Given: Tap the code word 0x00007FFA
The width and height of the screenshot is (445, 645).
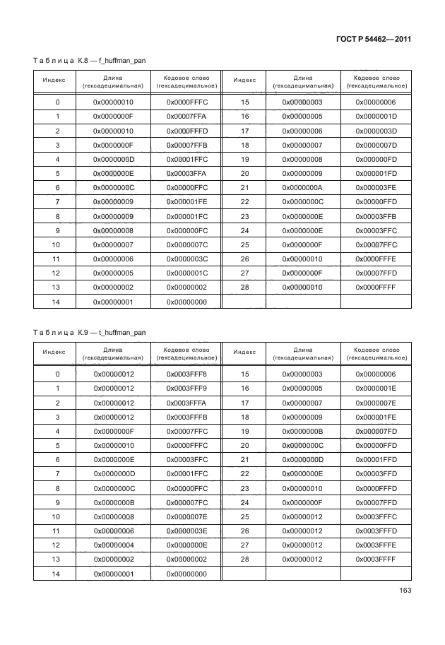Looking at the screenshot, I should pos(186,117).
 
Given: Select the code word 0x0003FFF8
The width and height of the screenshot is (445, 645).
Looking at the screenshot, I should pos(186,374).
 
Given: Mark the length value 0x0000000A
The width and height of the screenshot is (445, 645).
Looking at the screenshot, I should pos(302,187).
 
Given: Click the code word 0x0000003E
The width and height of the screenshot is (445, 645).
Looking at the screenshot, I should pos(186,530).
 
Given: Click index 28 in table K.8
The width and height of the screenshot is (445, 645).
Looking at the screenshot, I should pos(246,287).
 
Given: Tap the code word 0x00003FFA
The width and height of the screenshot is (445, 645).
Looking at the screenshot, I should pos(186,173).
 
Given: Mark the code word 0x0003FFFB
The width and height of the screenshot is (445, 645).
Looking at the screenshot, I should pos(186,417).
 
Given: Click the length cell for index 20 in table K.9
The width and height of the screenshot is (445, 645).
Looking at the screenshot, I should pos(302,445).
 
